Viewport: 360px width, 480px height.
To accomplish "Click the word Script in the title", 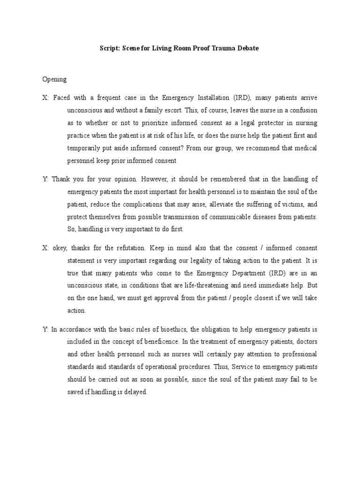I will coord(111,48).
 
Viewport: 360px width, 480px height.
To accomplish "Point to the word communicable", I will coord(239,217).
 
